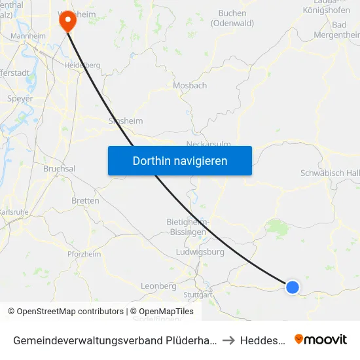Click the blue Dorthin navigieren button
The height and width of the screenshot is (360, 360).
180,160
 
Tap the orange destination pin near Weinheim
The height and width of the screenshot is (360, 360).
67,21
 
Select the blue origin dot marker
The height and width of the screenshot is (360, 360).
293,287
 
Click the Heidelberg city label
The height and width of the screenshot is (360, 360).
82,65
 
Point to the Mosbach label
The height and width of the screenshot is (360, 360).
190,86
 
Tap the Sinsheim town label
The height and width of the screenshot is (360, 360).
125,121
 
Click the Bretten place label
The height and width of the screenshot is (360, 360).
85,201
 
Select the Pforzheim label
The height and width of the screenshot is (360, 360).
84,254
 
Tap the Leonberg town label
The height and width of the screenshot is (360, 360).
158,286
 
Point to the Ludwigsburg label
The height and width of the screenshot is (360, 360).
200,252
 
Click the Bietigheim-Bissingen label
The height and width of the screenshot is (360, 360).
188,226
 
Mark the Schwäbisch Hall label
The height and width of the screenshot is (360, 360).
329,173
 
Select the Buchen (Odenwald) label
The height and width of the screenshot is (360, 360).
232,18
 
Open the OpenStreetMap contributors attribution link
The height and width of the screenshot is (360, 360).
66,312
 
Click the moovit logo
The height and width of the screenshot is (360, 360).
321,340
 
